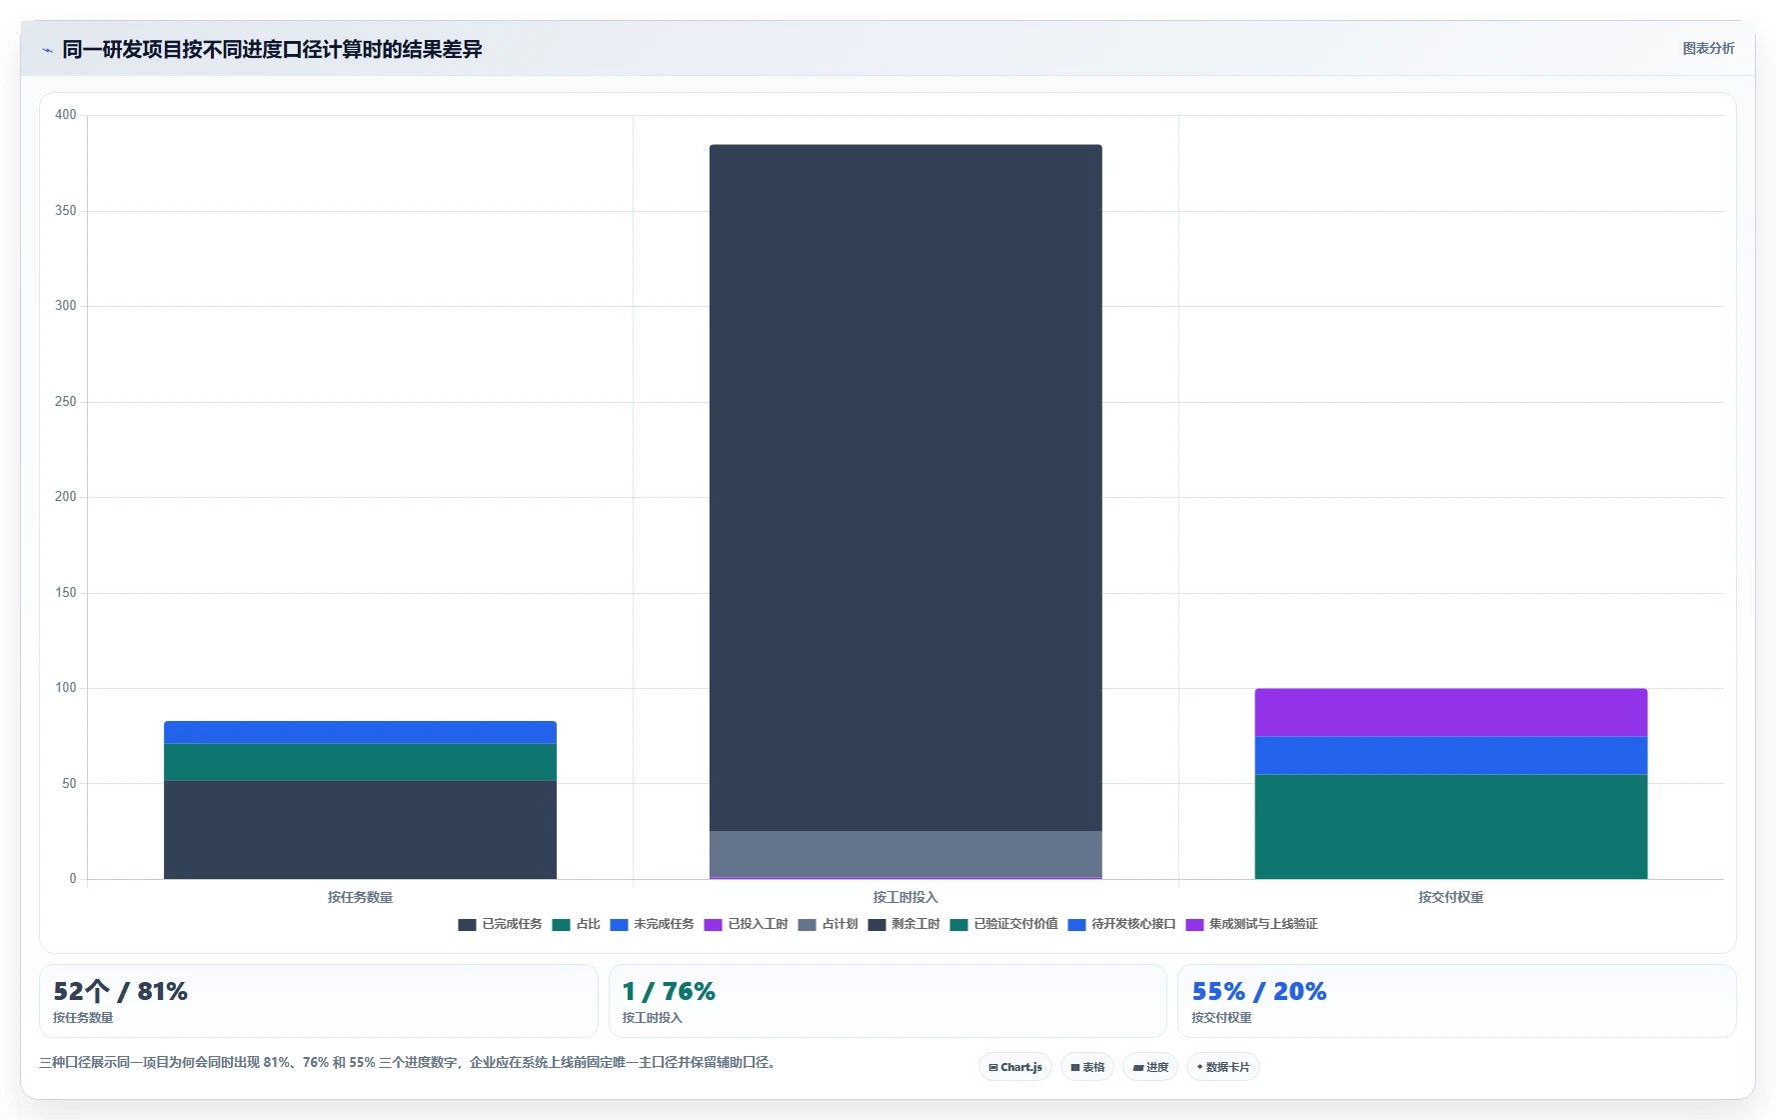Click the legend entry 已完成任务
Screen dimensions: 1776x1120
point(500,924)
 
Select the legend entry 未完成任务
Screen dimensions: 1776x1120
point(652,924)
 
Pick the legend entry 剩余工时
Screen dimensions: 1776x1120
point(903,924)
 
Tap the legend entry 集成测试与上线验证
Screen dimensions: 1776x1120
point(1251,924)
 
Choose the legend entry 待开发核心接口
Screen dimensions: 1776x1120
point(1121,924)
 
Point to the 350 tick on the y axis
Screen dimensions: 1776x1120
point(66,211)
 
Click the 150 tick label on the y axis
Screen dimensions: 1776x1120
point(66,593)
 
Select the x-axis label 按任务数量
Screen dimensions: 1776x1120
point(360,897)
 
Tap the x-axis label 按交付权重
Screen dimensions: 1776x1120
point(1450,897)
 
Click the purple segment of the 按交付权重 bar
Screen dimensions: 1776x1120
point(1450,712)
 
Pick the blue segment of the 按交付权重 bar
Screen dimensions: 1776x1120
point(1450,755)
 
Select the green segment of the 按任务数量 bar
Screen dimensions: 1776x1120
point(360,762)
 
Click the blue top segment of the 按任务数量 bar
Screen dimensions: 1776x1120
point(360,732)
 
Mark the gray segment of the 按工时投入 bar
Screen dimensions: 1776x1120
point(905,854)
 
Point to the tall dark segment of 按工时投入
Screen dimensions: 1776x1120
point(905,488)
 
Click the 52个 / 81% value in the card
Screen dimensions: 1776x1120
point(120,991)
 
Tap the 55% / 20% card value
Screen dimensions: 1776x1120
point(1258,991)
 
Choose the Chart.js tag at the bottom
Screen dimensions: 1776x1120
point(1014,1067)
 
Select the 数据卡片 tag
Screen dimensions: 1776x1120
point(1222,1067)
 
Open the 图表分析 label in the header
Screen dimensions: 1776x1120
point(1708,48)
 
